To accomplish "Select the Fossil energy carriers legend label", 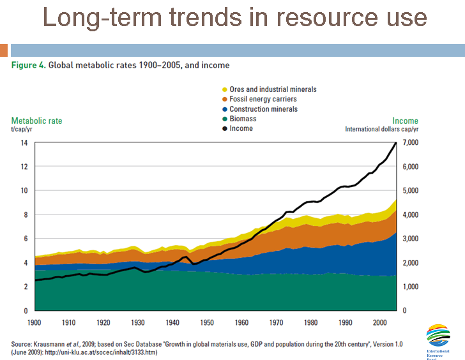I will click(263, 100).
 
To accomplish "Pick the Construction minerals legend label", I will click(263, 109).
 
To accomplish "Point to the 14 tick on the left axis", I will click(24, 142).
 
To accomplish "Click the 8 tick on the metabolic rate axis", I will click(26, 214).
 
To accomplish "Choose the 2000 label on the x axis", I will click(379, 321).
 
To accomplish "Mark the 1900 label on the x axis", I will click(36, 321).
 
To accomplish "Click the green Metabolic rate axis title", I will click(37, 121).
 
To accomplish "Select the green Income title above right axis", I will click(405, 121).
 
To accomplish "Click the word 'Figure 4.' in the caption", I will click(28, 65).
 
